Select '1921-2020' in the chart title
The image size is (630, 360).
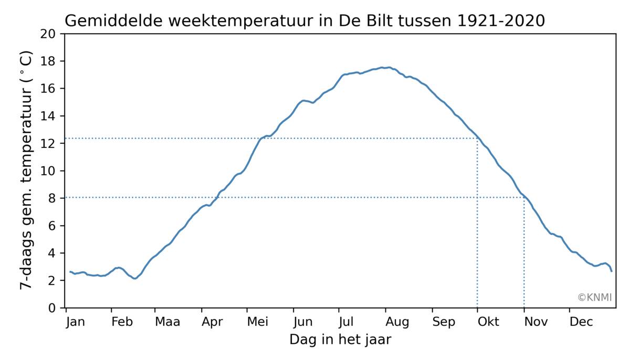[501, 21]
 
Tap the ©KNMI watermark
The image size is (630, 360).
[594, 298]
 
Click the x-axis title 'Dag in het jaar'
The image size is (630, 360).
[340, 340]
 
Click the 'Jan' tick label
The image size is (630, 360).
[76, 322]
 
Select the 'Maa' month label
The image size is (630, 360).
[167, 322]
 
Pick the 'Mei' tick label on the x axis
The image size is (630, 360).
[258, 322]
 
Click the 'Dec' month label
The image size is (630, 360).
[581, 322]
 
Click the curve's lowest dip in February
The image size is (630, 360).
[135, 278]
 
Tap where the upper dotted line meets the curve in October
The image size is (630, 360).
[477, 138]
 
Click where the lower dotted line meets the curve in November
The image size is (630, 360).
[524, 197]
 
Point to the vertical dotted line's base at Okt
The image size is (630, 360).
[477, 307]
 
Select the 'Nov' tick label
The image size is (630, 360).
[534, 322]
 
